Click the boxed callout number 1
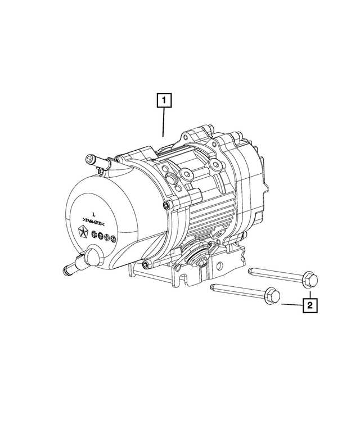(164, 102)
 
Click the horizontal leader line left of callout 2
(292, 305)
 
